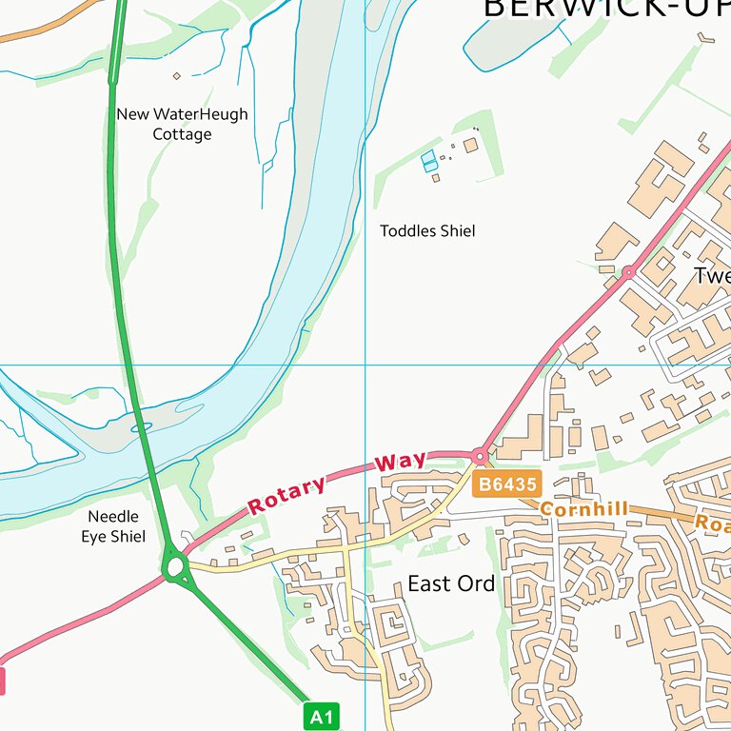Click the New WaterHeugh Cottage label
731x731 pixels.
click(x=182, y=124)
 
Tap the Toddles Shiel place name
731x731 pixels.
click(x=427, y=231)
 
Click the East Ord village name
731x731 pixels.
click(x=451, y=583)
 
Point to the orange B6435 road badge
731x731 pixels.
click(x=508, y=484)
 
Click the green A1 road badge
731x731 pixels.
click(x=322, y=716)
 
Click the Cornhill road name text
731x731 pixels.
click(x=584, y=510)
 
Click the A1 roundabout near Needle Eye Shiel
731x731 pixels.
click(x=174, y=568)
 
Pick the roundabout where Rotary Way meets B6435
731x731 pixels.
click(x=480, y=457)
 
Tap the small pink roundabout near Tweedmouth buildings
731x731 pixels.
click(x=628, y=273)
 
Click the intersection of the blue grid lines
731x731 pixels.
click(x=365, y=365)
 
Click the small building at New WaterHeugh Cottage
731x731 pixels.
click(x=176, y=75)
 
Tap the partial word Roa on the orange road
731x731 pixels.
click(x=712, y=523)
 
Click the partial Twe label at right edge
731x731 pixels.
click(x=712, y=276)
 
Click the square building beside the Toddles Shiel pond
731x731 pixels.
click(x=470, y=145)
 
